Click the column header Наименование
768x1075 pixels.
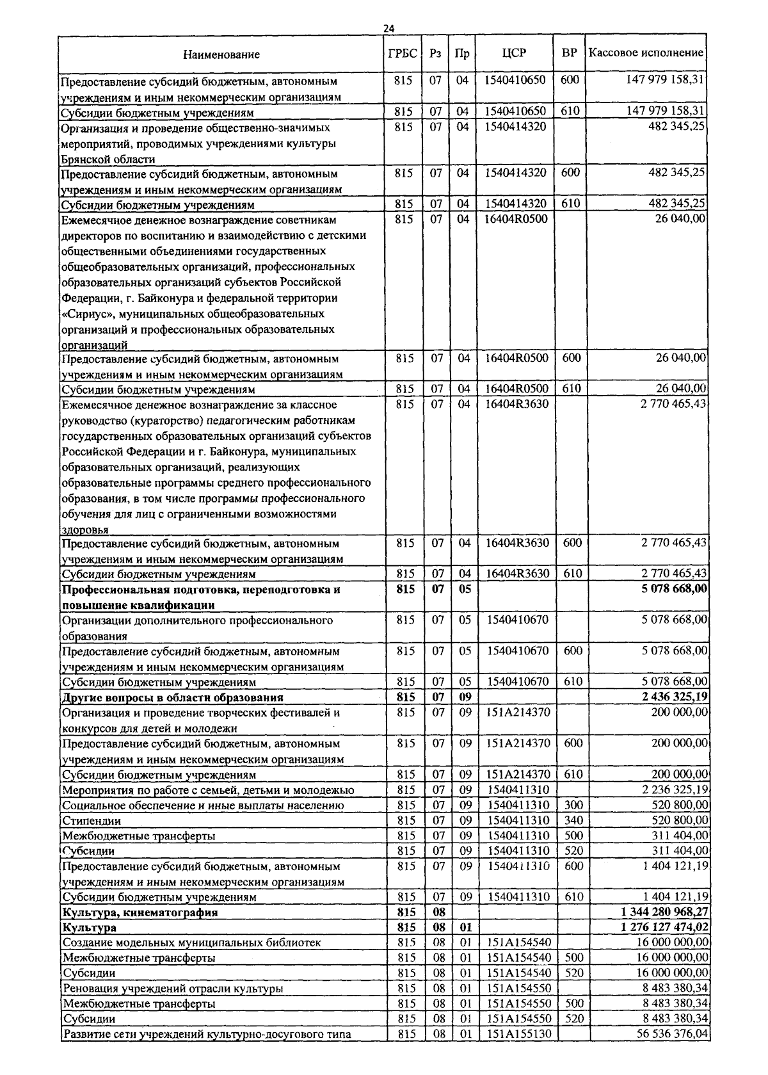point(221,54)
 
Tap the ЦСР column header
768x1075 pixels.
point(515,53)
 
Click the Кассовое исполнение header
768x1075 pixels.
point(646,53)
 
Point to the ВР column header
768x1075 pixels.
point(569,53)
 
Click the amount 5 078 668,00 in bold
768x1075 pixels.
point(675,588)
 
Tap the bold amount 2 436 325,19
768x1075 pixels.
point(675,697)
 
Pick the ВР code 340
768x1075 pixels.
point(571,820)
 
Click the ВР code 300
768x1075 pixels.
point(571,804)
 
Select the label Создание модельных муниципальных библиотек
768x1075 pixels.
point(191,942)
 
